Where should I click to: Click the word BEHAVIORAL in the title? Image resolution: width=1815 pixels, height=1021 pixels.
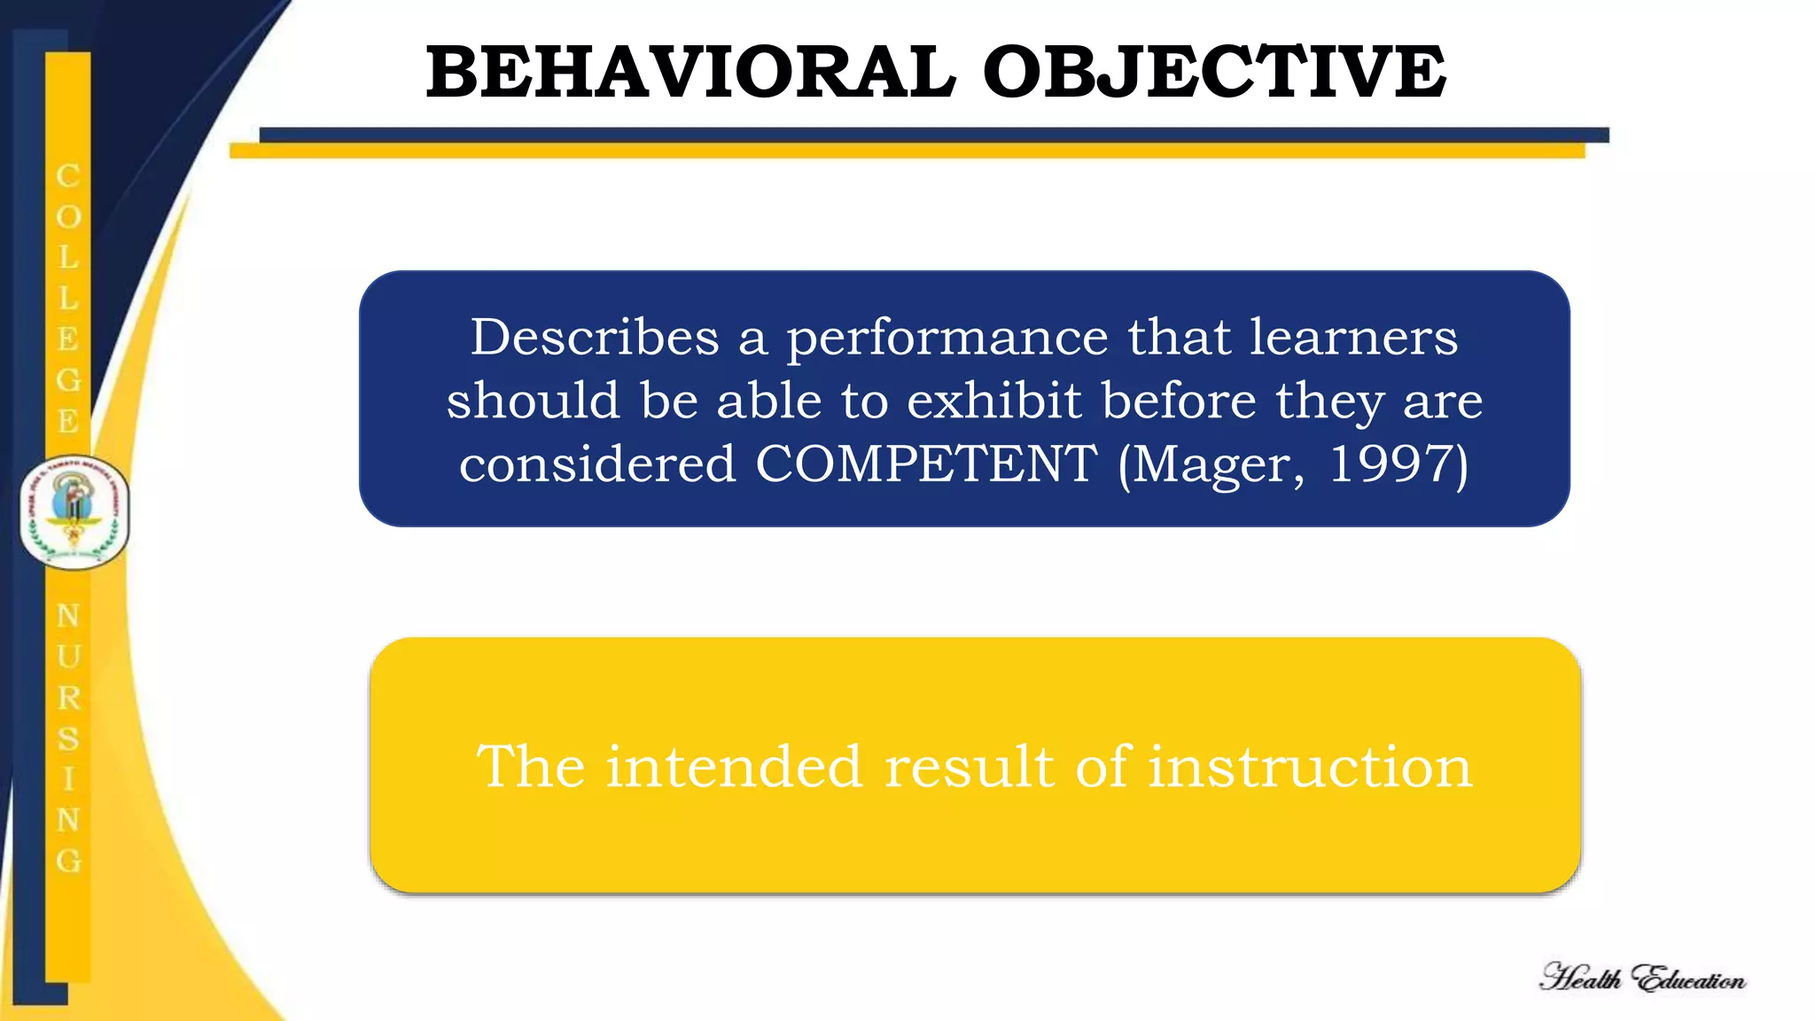(690, 73)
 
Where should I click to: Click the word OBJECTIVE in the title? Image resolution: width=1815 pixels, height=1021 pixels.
(1214, 73)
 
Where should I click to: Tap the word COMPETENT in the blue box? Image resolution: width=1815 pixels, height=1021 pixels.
(925, 464)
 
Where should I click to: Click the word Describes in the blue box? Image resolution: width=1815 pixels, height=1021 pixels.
(595, 338)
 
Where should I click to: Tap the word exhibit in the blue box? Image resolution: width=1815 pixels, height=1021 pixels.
(993, 401)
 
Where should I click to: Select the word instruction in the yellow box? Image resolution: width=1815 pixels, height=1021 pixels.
(1310, 767)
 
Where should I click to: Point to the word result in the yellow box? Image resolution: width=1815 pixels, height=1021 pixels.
(970, 767)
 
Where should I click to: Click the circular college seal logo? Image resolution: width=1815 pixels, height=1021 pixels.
(74, 512)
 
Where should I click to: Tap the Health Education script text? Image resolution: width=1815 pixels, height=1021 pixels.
(1642, 978)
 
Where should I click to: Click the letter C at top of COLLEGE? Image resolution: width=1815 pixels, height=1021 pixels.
(68, 175)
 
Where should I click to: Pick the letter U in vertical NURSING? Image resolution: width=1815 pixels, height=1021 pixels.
(68, 657)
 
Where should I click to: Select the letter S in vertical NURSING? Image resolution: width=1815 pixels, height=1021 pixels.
(68, 738)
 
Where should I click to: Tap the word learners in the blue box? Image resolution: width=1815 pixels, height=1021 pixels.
(1353, 338)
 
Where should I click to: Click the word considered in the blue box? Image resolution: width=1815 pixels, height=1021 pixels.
(597, 464)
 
